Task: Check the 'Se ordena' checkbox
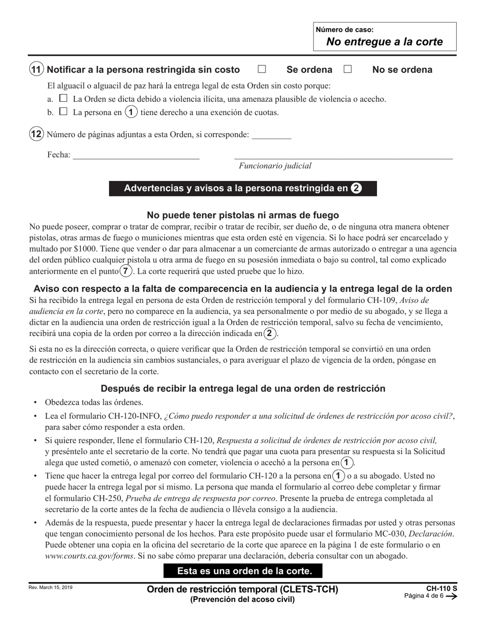pos(262,69)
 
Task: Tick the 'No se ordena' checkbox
pos(348,69)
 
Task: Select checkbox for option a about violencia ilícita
pos(63,98)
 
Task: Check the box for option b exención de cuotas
pos(63,111)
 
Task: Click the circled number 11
pos(36,70)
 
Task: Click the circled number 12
pos(36,134)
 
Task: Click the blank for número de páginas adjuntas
pos(272,135)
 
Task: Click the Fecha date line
pos(136,155)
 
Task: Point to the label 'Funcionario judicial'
pos(275,166)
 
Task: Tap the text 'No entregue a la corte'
pos(385,42)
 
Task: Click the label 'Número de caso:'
pos(345,30)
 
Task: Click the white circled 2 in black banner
pos(357,188)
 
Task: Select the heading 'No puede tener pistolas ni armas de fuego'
pos(242,215)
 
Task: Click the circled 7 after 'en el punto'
pos(125,271)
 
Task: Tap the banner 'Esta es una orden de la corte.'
pos(243,571)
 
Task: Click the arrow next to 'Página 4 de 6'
pos(451,596)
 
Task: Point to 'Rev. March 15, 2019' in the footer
pos(51,588)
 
